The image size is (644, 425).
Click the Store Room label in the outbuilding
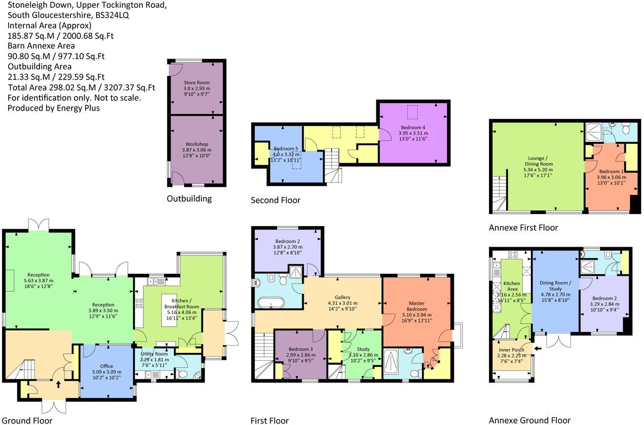196,82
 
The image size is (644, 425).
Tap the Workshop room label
196,144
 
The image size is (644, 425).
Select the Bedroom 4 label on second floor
413,127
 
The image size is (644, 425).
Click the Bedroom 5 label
286,149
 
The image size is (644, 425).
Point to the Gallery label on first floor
342,297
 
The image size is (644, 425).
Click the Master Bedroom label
417,306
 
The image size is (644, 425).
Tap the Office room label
106,366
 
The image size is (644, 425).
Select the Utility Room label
154,354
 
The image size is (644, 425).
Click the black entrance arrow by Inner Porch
537,348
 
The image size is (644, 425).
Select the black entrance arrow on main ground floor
59,384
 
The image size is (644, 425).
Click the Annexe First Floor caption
523,228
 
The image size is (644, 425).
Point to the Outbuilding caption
189,198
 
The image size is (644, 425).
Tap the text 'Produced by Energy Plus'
54,108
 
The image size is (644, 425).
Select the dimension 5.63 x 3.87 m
39,281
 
